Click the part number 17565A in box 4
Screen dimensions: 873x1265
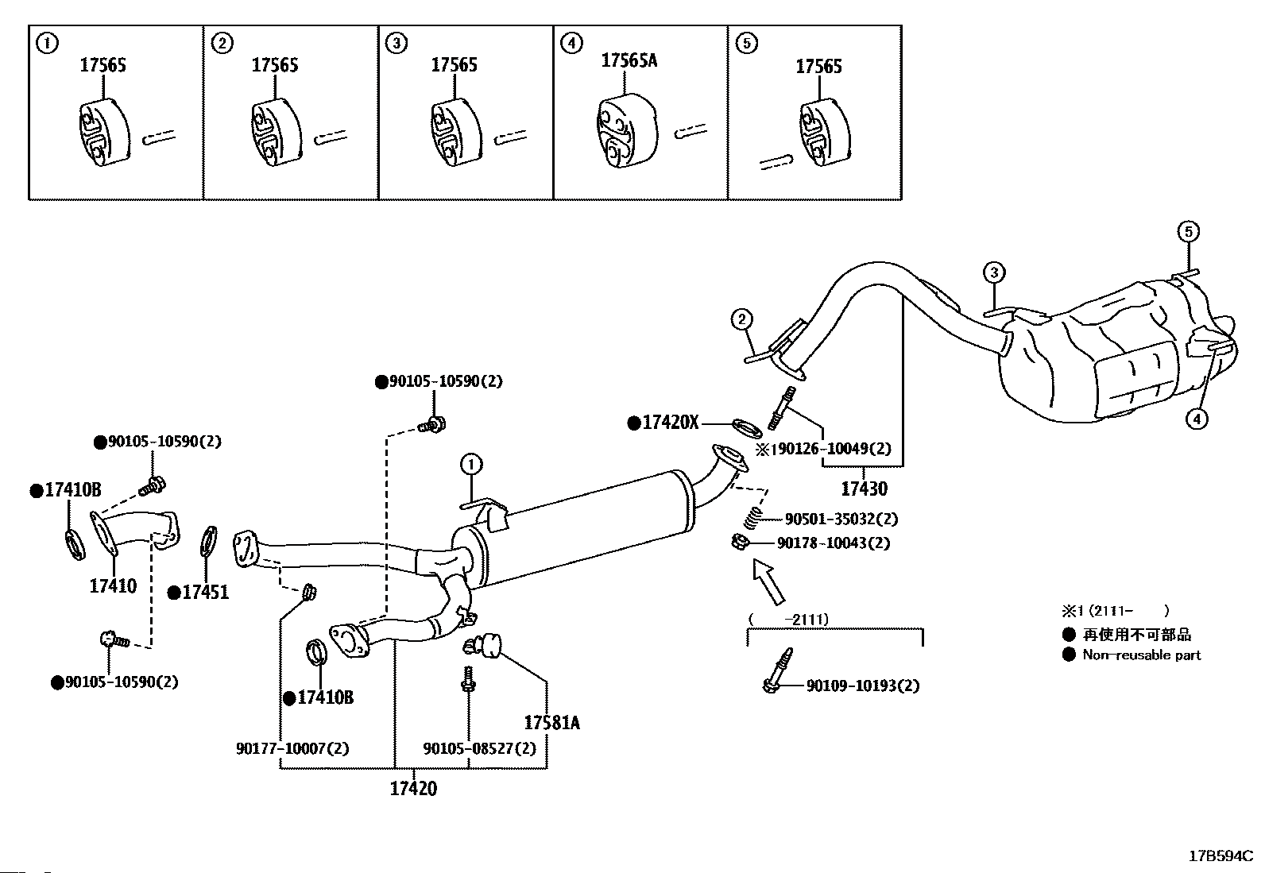tap(629, 60)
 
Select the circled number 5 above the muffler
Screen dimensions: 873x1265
tap(1187, 232)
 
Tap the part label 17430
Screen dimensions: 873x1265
tap(864, 488)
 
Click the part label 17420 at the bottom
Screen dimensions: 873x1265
tap(413, 789)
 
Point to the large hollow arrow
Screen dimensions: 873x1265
tap(768, 581)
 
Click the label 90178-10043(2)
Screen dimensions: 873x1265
tap(833, 543)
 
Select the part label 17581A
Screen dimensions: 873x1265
tap(551, 723)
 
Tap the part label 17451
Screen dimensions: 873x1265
tap(205, 592)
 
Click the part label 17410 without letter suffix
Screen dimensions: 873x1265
tap(113, 586)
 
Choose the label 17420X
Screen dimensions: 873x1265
tap(670, 423)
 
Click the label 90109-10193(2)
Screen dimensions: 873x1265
tap(862, 686)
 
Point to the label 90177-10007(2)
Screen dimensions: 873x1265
tap(292, 748)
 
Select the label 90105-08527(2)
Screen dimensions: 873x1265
tap(479, 748)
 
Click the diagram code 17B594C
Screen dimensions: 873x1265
tap(1220, 856)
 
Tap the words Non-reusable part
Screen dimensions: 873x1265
tap(1141, 655)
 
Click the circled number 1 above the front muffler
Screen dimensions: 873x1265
tap(470, 464)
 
